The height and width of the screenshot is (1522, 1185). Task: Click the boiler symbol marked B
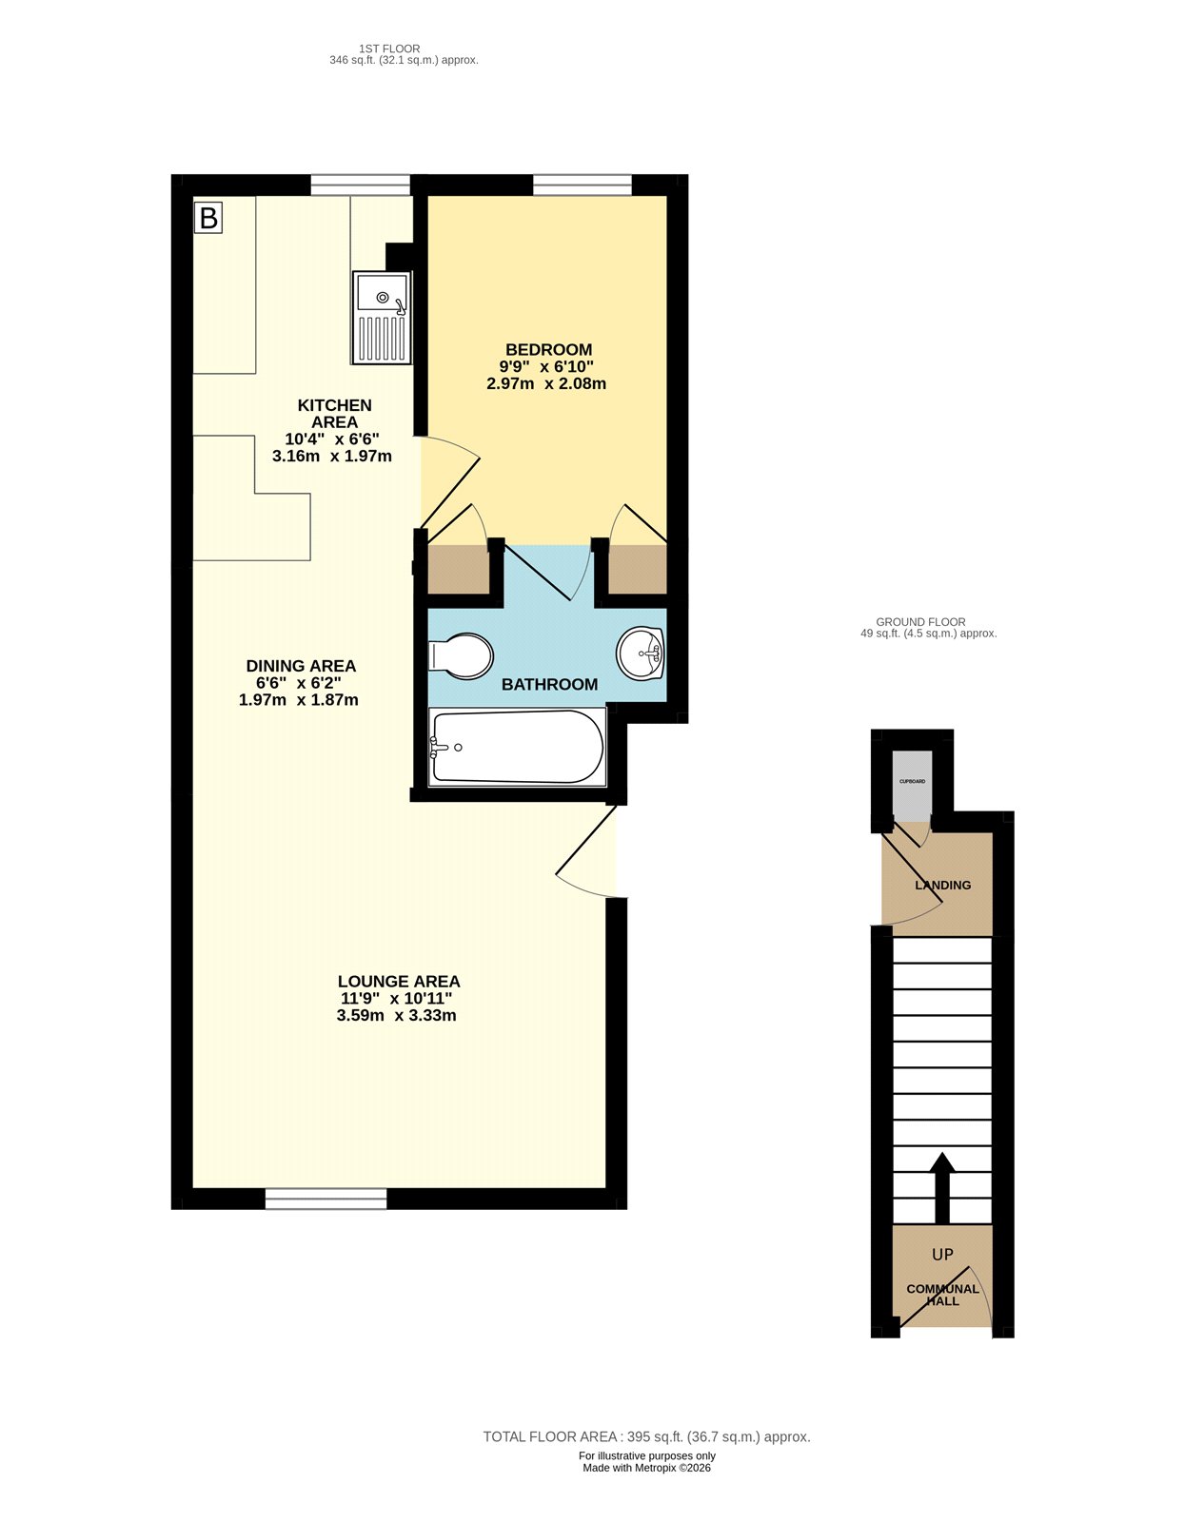click(x=207, y=218)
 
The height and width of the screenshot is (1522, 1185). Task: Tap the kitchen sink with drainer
click(x=381, y=318)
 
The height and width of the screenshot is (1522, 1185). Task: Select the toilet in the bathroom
click(x=462, y=655)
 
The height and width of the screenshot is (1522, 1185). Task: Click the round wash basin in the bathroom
click(x=642, y=653)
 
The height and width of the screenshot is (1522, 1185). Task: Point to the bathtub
click(x=517, y=747)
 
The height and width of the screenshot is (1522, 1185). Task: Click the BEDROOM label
click(x=548, y=350)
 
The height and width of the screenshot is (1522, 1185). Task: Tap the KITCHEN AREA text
click(x=334, y=414)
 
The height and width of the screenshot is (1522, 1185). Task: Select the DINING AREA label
click(x=301, y=666)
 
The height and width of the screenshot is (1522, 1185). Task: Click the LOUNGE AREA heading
click(x=398, y=981)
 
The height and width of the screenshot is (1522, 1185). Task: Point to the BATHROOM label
click(x=549, y=684)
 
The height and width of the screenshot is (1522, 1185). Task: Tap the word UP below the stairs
click(x=942, y=1255)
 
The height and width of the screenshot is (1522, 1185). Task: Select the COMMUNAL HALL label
click(x=942, y=1295)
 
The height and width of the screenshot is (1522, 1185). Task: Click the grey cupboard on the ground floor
click(x=912, y=784)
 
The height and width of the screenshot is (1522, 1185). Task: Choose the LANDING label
click(x=942, y=885)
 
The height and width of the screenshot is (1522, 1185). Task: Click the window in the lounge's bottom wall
click(x=326, y=1199)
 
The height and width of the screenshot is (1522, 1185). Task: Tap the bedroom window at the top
click(x=582, y=185)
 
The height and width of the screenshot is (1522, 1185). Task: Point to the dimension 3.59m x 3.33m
click(x=396, y=1016)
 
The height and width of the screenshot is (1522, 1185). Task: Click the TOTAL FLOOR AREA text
click(x=646, y=1436)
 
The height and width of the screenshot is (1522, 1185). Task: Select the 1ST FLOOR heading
click(x=389, y=49)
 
